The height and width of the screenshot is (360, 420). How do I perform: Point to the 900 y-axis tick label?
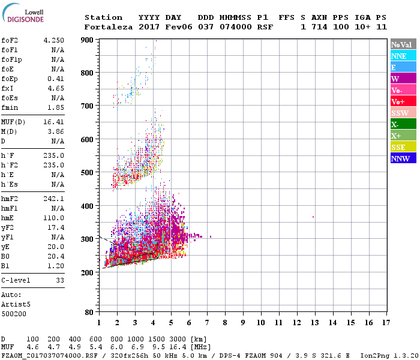[87, 40]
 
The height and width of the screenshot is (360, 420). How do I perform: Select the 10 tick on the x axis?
[260, 323]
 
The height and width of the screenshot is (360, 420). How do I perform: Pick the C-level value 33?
[60, 280]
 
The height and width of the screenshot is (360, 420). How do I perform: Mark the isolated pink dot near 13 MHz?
[313, 217]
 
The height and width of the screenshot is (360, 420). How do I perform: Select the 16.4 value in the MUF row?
[181, 347]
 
